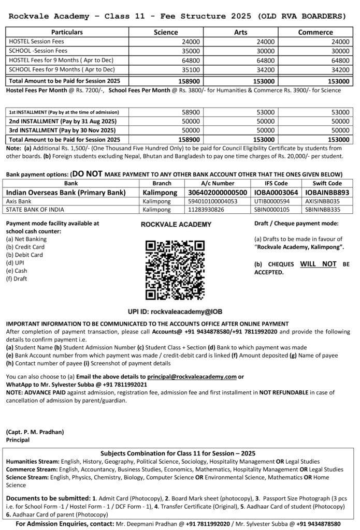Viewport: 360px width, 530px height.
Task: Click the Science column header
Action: click(x=166, y=33)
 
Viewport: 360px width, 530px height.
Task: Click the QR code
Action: click(x=176, y=267)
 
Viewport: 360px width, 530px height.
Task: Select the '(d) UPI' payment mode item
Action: click(x=16, y=262)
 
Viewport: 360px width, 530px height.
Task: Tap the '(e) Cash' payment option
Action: click(x=17, y=270)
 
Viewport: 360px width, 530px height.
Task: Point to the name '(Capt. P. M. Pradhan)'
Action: click(x=35, y=432)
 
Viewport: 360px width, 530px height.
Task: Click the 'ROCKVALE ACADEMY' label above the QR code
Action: click(x=176, y=224)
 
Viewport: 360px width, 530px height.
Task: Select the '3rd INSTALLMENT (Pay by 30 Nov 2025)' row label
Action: click(x=62, y=130)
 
